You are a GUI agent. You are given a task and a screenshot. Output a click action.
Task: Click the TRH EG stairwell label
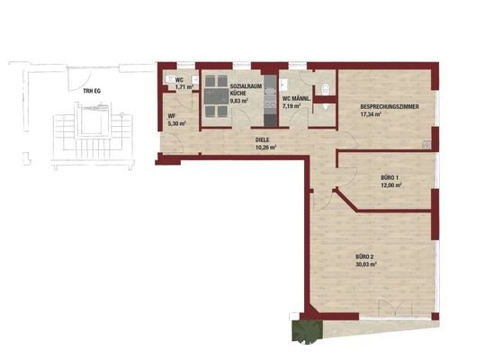(x=90, y=91)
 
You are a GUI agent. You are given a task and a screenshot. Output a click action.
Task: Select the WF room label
(x=170, y=115)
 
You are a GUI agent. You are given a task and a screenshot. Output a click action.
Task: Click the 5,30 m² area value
(x=174, y=123)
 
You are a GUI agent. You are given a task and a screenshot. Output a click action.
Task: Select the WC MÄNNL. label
(x=297, y=98)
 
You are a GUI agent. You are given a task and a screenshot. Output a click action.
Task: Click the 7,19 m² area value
(x=294, y=106)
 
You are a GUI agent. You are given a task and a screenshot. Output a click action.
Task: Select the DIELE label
(x=264, y=139)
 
